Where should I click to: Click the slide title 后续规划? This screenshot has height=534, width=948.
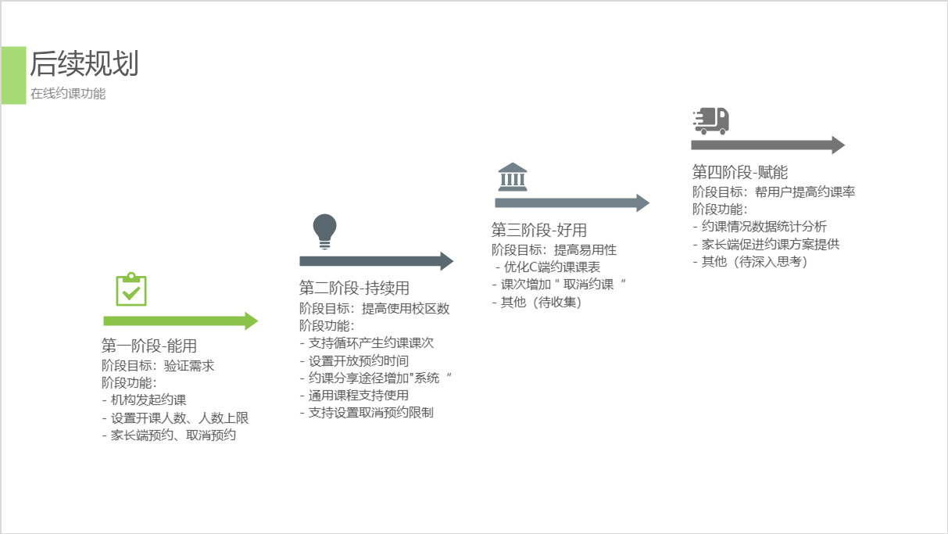tap(84, 63)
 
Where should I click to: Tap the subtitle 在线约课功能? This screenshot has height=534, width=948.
tap(68, 94)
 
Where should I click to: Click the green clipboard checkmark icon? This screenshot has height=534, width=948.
tap(131, 289)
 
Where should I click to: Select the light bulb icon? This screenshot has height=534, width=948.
tap(324, 231)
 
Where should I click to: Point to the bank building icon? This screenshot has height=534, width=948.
tap(512, 177)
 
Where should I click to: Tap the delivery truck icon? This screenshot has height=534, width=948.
tap(710, 121)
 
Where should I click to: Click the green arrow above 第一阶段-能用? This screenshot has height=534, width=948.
tap(181, 321)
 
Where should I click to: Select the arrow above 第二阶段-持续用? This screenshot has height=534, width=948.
tap(376, 261)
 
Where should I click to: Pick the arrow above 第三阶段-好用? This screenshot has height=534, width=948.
tap(571, 203)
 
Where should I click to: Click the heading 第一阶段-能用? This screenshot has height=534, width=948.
tap(148, 346)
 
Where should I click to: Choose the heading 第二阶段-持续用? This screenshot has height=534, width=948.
tap(354, 288)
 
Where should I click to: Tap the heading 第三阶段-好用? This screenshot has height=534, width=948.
tap(538, 230)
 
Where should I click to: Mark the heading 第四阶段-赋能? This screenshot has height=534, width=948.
tap(739, 172)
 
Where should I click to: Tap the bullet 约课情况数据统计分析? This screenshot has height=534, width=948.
tap(764, 227)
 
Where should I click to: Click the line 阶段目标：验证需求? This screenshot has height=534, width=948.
tap(158, 365)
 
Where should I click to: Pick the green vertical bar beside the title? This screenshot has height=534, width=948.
tap(13, 75)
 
